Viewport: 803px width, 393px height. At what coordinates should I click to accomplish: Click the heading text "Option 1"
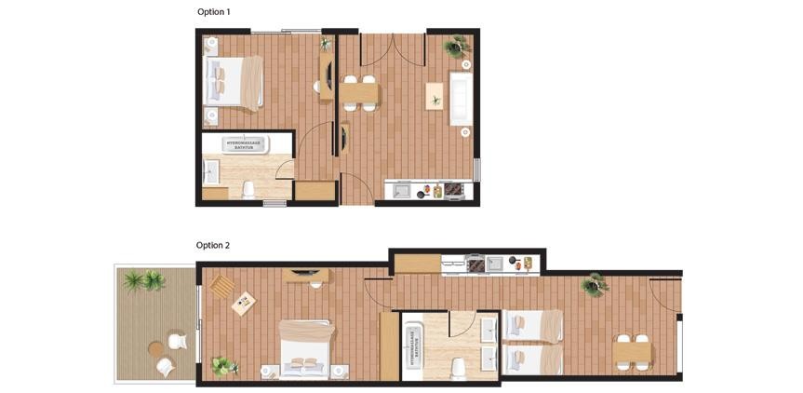pos(213,12)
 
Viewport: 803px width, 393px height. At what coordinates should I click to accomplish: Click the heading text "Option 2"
pos(212,246)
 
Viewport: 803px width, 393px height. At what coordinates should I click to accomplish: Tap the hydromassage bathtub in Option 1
pos(245,144)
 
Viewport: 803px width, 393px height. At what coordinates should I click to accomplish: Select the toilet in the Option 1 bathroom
pos(248,190)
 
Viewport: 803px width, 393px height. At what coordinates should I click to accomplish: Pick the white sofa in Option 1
pos(461,99)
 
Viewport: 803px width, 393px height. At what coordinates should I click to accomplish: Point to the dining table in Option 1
pos(359,93)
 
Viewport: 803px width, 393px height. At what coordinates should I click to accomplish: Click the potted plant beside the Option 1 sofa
pos(457,47)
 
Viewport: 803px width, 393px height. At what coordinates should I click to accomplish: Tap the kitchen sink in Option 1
pos(401,191)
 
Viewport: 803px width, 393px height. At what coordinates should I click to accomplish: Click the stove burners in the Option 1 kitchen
pos(453,190)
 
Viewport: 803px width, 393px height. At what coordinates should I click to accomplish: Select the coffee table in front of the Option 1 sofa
pos(435,97)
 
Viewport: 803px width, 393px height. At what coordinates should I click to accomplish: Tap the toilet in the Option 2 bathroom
pos(457,368)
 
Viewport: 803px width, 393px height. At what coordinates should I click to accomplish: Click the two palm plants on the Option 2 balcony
pos(144,279)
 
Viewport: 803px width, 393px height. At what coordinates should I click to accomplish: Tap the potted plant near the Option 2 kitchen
pos(594,284)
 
